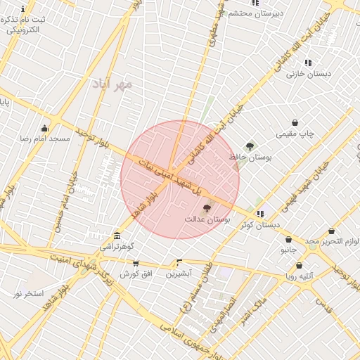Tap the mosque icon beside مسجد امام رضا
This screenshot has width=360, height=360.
[x=45, y=128]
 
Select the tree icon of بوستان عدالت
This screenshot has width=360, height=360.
[x=207, y=207]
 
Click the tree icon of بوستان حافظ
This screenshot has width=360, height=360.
[x=250, y=146]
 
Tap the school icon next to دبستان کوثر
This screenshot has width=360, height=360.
[x=260, y=214]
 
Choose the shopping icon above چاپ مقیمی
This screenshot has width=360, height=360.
[x=295, y=122]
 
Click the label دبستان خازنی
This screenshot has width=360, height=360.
[x=309, y=73]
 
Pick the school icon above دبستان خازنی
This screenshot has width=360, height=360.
[x=308, y=63]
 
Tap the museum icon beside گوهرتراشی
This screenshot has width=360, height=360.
[x=116, y=236]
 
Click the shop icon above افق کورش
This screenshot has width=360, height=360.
[x=136, y=263]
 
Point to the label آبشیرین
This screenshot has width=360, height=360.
[x=179, y=274]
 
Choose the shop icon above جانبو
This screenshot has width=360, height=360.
[x=288, y=239]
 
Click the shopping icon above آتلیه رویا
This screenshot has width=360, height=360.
[x=300, y=265]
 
